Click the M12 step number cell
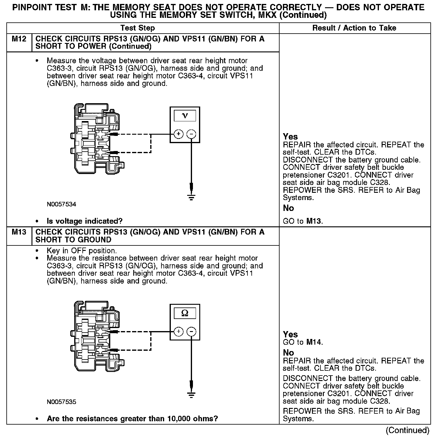pyautogui.click(x=19, y=39)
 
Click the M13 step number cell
pyautogui.click(x=19, y=232)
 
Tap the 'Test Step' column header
pyautogui.click(x=138, y=28)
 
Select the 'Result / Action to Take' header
pyautogui.click(x=354, y=28)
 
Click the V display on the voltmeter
pyautogui.click(x=184, y=116)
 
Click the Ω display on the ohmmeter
pyautogui.click(x=184, y=313)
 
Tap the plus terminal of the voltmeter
pyautogui.click(x=179, y=134)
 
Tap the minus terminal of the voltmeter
pyautogui.click(x=191, y=134)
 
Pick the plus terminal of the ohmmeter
pyautogui.click(x=179, y=332)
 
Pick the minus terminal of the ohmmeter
pyautogui.click(x=191, y=332)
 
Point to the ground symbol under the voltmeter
pyautogui.click(x=191, y=197)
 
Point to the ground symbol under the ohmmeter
pyautogui.click(x=191, y=395)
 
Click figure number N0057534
pyautogui.click(x=61, y=204)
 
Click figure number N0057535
pyautogui.click(x=61, y=402)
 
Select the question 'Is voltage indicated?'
pyautogui.click(x=85, y=221)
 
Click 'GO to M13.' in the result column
pyautogui.click(x=303, y=221)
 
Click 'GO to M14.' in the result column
pyautogui.click(x=303, y=342)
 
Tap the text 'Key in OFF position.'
pyautogui.click(x=81, y=251)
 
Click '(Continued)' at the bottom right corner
pyautogui.click(x=408, y=430)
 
